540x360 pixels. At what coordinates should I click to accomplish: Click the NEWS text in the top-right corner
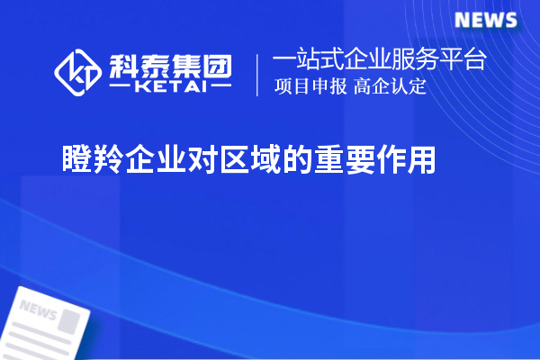point(485,20)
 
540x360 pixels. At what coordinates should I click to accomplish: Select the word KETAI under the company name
point(168,88)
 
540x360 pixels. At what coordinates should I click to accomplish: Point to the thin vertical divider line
point(258,74)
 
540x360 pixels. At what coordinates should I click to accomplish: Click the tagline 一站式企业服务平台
point(380,61)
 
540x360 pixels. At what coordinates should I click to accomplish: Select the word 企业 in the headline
point(159,160)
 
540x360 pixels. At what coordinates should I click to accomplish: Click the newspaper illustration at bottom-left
point(49,324)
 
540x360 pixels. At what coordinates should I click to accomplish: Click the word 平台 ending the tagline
point(466,61)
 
